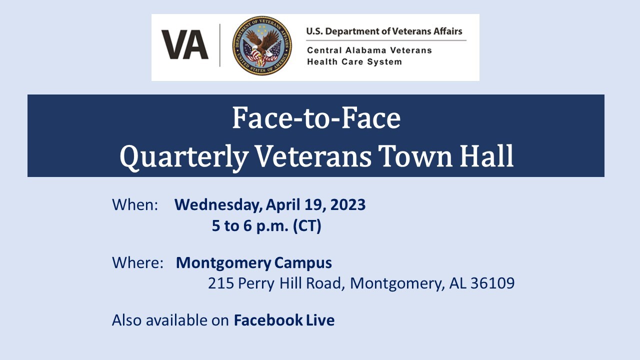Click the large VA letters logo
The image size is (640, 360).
click(x=184, y=45)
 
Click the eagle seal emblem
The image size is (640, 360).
click(x=261, y=45)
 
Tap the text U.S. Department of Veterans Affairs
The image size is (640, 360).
click(x=384, y=31)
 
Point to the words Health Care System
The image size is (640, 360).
click(x=354, y=62)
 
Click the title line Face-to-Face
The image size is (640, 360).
click(x=316, y=118)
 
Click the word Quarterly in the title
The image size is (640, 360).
click(x=184, y=156)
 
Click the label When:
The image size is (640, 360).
click(x=135, y=205)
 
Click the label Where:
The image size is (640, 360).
click(x=137, y=262)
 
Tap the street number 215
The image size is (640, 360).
click(x=220, y=283)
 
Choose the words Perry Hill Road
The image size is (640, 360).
click(x=290, y=283)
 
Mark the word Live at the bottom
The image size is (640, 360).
click(x=320, y=320)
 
